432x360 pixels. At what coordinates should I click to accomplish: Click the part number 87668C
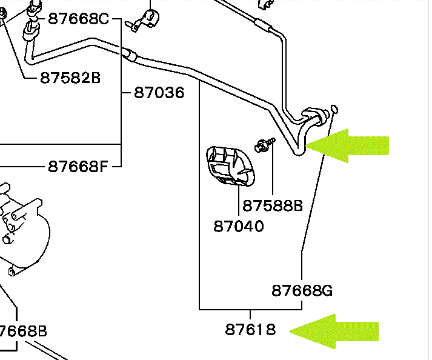[78, 19]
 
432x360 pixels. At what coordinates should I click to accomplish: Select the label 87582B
[70, 78]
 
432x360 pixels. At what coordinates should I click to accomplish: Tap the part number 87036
[159, 93]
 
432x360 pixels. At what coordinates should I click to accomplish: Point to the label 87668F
[78, 165]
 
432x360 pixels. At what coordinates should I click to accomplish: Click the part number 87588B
[272, 206]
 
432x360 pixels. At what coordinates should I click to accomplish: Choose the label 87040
[239, 226]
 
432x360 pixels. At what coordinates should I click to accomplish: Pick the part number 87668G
[302, 290]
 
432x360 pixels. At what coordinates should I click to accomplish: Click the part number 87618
[251, 330]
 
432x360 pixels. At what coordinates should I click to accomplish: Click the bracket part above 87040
[231, 164]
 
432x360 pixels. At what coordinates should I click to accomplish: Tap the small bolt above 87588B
[265, 145]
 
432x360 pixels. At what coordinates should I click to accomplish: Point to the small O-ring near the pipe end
[334, 109]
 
